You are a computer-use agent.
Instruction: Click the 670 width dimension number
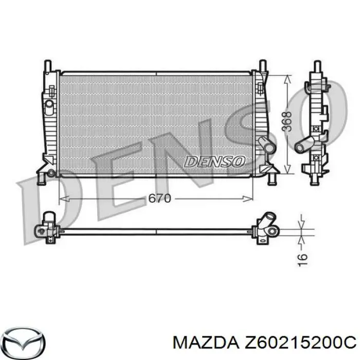pos(159,199)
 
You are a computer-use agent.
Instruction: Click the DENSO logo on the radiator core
pos(214,161)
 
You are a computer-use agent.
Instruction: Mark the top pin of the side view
pos(315,69)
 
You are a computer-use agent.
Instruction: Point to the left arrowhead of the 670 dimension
pos(63,198)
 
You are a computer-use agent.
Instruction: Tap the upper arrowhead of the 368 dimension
pos(287,77)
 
